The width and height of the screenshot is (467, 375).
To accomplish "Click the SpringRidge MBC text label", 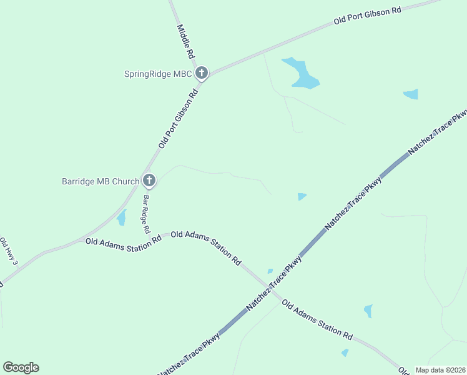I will [x=157, y=74].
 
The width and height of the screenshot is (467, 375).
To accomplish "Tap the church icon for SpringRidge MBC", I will [x=201, y=74].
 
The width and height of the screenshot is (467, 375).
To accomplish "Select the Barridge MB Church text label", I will [x=101, y=182].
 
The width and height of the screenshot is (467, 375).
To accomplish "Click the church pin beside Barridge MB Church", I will [x=149, y=181].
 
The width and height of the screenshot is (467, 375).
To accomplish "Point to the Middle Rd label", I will [x=186, y=41].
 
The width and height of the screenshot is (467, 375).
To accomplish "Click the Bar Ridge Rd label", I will [x=146, y=214].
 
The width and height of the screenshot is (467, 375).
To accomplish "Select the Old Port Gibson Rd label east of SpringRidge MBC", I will [x=367, y=16].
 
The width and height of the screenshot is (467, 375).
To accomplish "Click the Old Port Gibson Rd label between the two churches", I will [x=178, y=119].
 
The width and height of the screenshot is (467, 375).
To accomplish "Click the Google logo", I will [x=21, y=367].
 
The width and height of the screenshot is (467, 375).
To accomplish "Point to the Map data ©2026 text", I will [x=440, y=370].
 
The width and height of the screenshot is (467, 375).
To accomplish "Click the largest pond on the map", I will [x=302, y=74].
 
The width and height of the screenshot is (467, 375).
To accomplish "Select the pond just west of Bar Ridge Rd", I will [x=122, y=217].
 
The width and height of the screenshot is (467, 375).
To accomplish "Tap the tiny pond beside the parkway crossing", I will [x=270, y=271].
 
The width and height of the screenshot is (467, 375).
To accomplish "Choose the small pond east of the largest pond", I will [x=411, y=94].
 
